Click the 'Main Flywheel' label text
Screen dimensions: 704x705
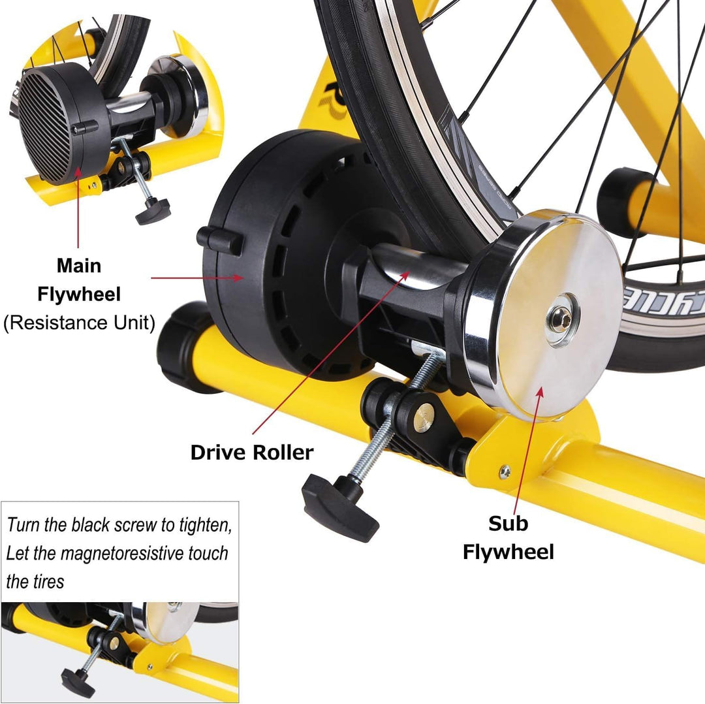[79, 280]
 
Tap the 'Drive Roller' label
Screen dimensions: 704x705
[251, 452]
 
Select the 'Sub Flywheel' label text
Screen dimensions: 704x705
[508, 537]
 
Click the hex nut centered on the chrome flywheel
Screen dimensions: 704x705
[561, 318]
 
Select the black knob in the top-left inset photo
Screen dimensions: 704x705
[152, 211]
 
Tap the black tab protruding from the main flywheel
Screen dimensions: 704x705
[219, 240]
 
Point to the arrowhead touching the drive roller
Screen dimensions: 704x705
[407, 277]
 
